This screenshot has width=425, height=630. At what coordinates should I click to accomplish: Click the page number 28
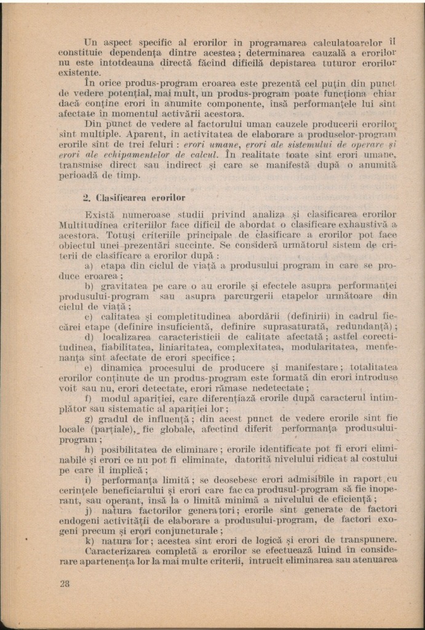[64, 584]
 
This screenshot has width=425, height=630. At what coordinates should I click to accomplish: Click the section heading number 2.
[87, 198]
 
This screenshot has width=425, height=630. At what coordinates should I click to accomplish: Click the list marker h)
[89, 450]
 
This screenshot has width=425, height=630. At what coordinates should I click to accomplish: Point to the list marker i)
[87, 479]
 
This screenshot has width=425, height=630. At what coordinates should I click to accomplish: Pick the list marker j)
[88, 509]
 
